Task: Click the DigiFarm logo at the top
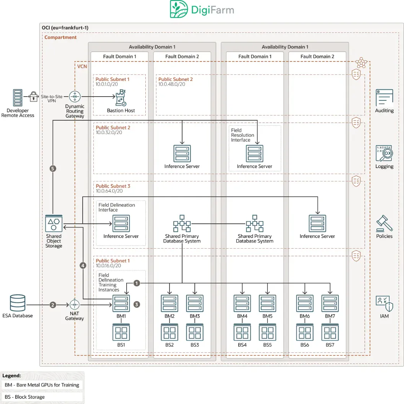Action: (202, 10)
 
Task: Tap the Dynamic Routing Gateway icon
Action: (75, 97)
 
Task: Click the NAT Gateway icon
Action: (75, 305)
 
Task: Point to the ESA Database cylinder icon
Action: (18, 303)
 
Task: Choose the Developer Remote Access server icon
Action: (18, 98)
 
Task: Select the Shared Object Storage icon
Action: (54, 223)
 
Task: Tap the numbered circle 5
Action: (53, 168)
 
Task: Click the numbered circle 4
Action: (83, 265)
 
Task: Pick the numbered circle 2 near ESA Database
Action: (53, 305)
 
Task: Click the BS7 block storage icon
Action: (330, 332)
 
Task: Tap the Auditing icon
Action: (384, 98)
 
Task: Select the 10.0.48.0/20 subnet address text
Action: (172, 84)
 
